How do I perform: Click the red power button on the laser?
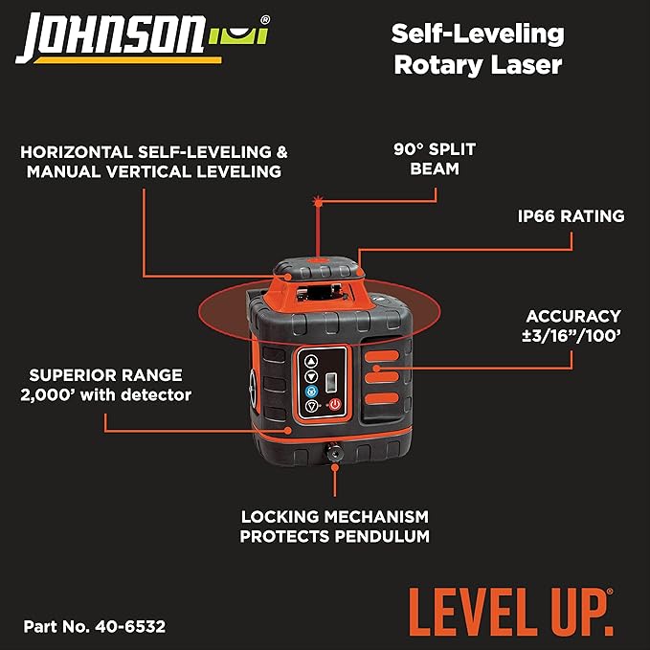pyautogui.click(x=335, y=405)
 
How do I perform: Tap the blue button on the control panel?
pyautogui.click(x=311, y=392)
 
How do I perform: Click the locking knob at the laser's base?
pyautogui.click(x=335, y=453)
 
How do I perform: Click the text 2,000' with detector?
pyautogui.click(x=107, y=394)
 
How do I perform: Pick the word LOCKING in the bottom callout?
pyautogui.click(x=278, y=516)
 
